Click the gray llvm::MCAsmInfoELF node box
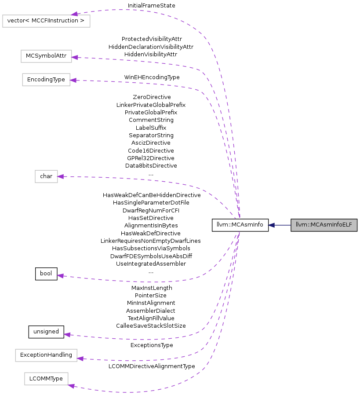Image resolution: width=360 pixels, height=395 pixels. click(324, 225)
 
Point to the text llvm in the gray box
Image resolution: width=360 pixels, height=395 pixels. click(300, 225)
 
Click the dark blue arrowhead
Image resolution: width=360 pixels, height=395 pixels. click(271, 225)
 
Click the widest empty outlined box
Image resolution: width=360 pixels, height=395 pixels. click(46, 21)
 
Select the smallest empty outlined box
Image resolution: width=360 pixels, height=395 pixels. click(46, 176)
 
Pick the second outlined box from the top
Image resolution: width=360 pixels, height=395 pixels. click(46, 56)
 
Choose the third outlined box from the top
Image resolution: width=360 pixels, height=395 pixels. click(46, 80)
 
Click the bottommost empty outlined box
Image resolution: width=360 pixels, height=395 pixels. click(46, 379)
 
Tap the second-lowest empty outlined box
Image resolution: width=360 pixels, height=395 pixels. click(46, 355)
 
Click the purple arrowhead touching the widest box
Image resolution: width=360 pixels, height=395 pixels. click(75, 14)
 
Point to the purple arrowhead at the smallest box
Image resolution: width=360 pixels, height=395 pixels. click(61, 176)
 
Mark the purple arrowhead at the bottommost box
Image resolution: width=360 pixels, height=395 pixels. click(72, 386)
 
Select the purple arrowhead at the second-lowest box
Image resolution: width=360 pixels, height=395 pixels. click(80, 359)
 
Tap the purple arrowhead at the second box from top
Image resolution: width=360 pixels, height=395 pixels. click(75, 57)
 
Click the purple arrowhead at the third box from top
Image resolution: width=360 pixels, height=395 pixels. click(73, 80)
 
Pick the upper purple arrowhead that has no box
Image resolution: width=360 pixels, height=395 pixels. click(60, 276)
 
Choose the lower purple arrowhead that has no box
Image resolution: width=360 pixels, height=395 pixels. click(67, 335)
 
